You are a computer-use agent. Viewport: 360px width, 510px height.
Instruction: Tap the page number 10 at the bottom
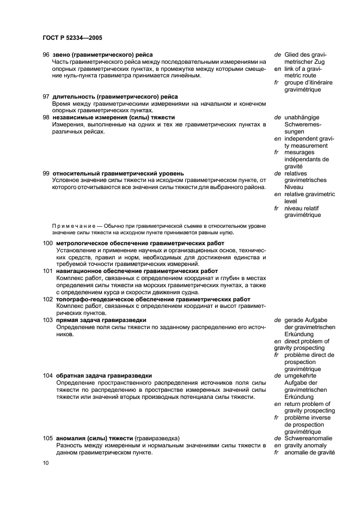[46, 463]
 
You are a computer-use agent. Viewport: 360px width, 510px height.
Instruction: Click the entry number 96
[46, 54]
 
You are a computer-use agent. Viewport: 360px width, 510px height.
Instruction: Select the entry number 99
[46, 173]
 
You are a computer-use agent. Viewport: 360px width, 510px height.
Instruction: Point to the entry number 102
[48, 299]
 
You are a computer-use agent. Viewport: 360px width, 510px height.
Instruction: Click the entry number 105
[48, 438]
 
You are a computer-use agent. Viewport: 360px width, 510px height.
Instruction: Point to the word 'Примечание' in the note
[70, 225]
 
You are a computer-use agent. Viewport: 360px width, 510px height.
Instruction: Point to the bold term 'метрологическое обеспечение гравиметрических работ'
[140, 243]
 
